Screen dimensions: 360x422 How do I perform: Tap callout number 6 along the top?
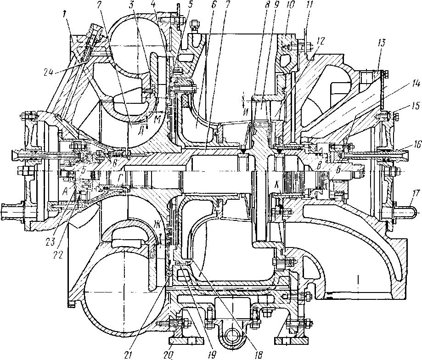coord(200,5)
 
